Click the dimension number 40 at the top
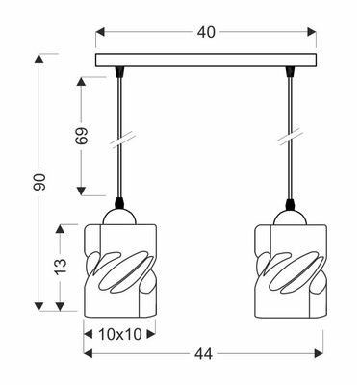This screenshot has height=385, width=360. tap(206, 32)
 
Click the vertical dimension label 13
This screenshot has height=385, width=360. tap(60, 265)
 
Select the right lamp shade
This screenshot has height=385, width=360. tap(289, 269)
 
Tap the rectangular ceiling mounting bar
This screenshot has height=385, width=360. tap(206, 61)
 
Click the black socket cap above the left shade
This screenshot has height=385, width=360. tap(119, 205)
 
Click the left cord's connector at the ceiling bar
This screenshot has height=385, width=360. tap(119, 72)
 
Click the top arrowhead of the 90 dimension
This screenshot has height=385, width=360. tap(39, 58)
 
